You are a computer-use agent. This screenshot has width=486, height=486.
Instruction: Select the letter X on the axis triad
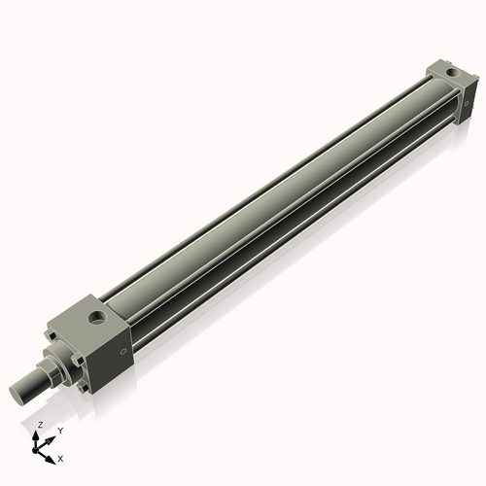pos(61,456)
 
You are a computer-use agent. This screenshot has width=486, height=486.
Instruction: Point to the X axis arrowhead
pos(51,457)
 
